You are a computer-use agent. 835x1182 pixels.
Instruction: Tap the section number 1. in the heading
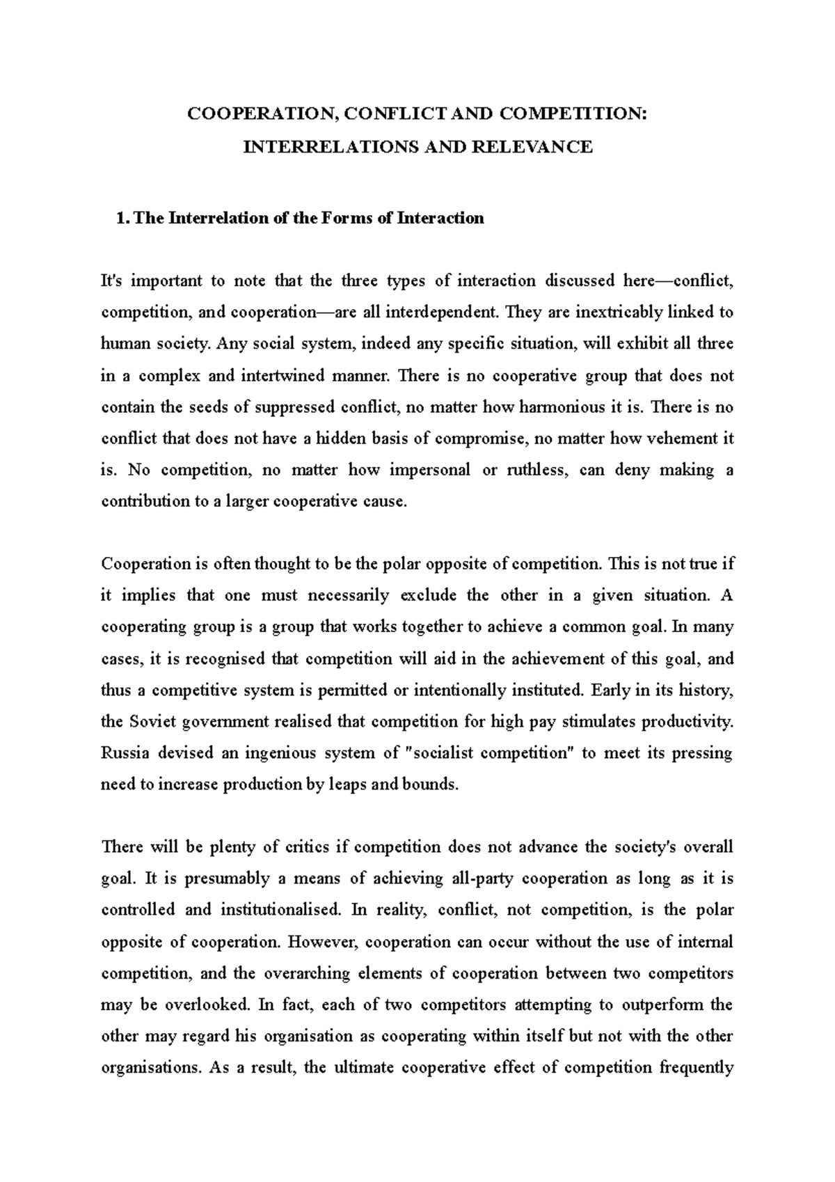[122, 219]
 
